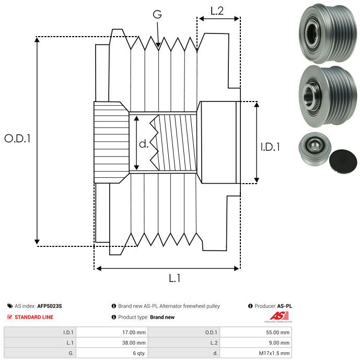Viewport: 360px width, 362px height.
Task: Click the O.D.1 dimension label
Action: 18,139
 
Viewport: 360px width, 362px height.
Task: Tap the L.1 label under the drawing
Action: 175,278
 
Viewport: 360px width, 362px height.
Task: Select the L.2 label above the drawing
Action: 217,10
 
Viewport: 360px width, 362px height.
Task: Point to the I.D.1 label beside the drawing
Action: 270,148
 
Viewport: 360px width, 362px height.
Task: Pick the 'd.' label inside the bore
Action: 144,144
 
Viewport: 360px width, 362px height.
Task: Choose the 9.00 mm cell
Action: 280,343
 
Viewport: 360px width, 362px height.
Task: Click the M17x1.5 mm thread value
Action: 275,354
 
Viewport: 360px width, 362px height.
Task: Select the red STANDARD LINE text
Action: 34,317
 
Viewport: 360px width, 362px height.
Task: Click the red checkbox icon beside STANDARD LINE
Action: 9,317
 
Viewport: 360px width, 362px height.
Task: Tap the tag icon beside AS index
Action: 10,306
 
